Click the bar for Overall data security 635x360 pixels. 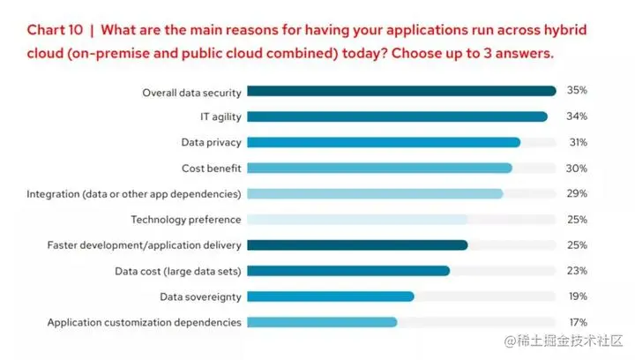pyautogui.click(x=401, y=91)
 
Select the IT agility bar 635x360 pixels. pyautogui.click(x=397, y=116)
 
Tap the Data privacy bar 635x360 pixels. pyautogui.click(x=384, y=142)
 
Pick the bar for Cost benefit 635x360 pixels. pyautogui.click(x=379, y=168)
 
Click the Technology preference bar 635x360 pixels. pyautogui.click(x=357, y=219)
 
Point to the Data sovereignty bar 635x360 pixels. pyautogui.click(x=331, y=296)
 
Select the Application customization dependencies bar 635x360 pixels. pyautogui.click(x=322, y=322)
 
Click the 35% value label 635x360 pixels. pyautogui.click(x=577, y=91)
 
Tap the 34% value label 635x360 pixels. pyautogui.click(x=577, y=116)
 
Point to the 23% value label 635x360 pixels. pyautogui.click(x=577, y=271)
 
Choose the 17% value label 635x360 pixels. pyautogui.click(x=577, y=322)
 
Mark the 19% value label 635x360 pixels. pyautogui.click(x=577, y=296)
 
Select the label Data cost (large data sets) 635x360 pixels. pyautogui.click(x=178, y=271)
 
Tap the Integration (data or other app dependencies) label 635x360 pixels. pyautogui.click(x=134, y=193)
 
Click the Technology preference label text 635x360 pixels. pyautogui.click(x=185, y=219)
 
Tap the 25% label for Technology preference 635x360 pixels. pyautogui.click(x=577, y=219)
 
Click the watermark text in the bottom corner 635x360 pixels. pyautogui.click(x=565, y=340)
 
